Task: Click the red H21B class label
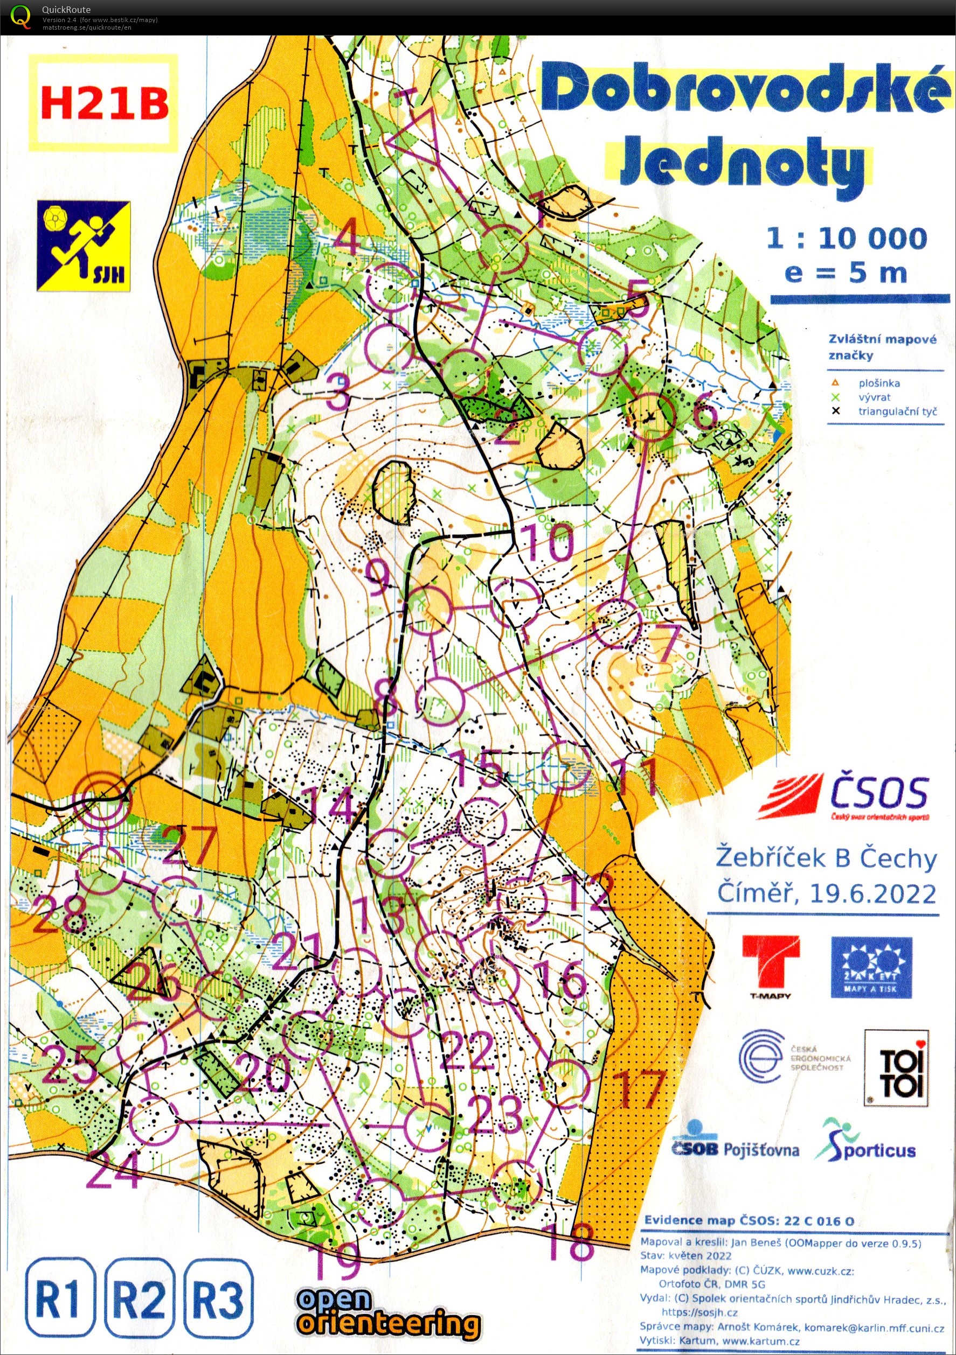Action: [104, 104]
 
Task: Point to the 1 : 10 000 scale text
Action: [846, 239]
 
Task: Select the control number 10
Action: [547, 542]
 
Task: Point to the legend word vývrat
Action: [875, 397]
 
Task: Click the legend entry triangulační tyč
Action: [897, 411]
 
